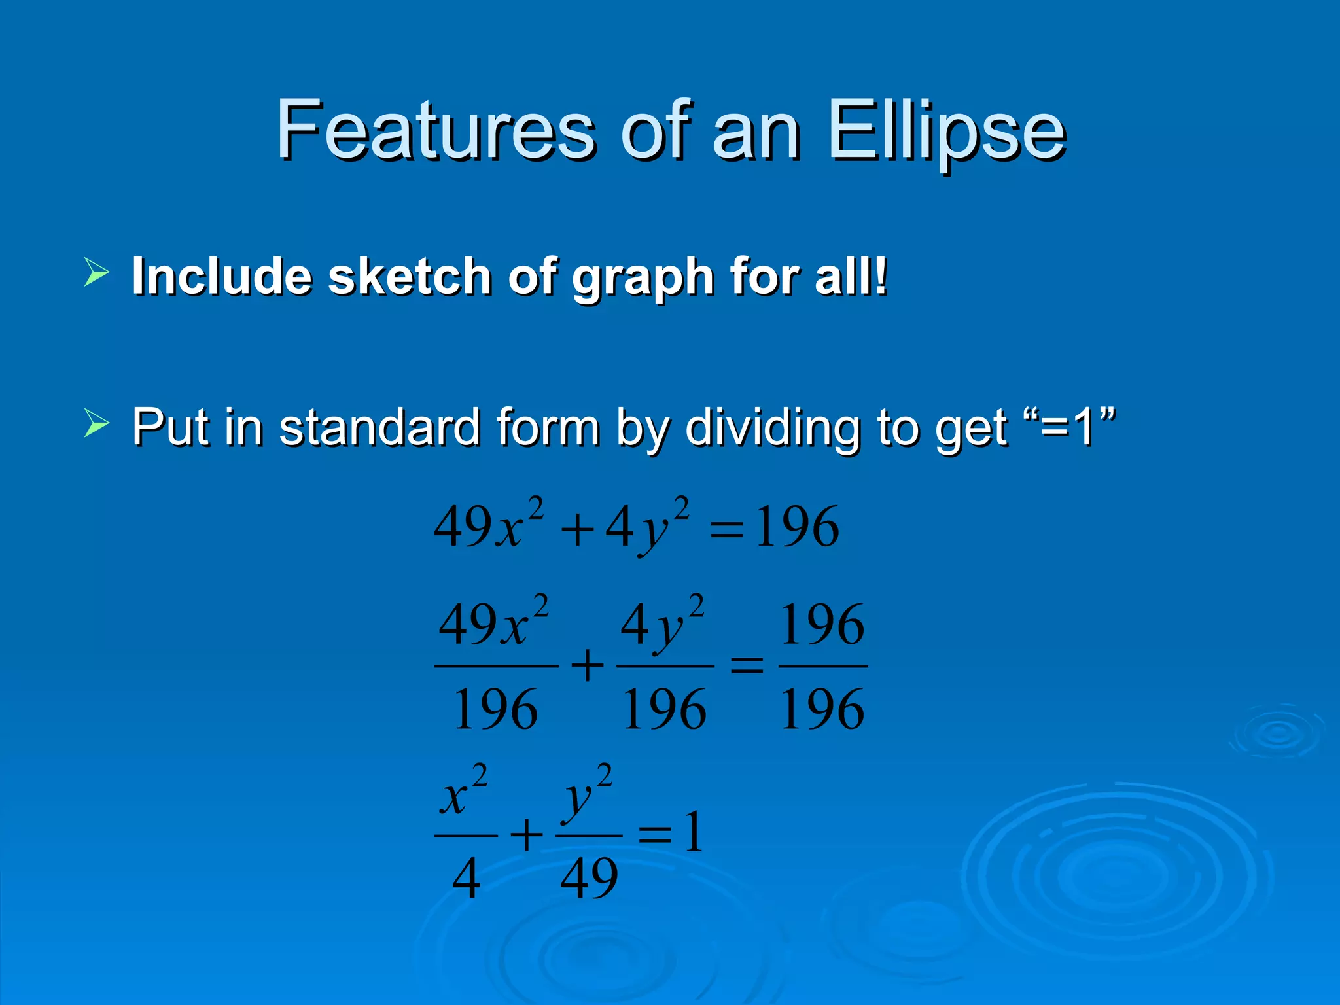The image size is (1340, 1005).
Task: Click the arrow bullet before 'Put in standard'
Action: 96,423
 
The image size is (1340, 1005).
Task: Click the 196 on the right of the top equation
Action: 796,527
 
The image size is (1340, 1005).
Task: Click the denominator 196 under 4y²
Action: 664,709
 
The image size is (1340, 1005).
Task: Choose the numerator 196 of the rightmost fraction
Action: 822,624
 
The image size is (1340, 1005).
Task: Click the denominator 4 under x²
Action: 466,878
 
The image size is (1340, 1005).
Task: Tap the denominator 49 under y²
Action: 589,878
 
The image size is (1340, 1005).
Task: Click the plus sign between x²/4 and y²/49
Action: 527,836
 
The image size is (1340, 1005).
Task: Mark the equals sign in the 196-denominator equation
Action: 747,667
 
